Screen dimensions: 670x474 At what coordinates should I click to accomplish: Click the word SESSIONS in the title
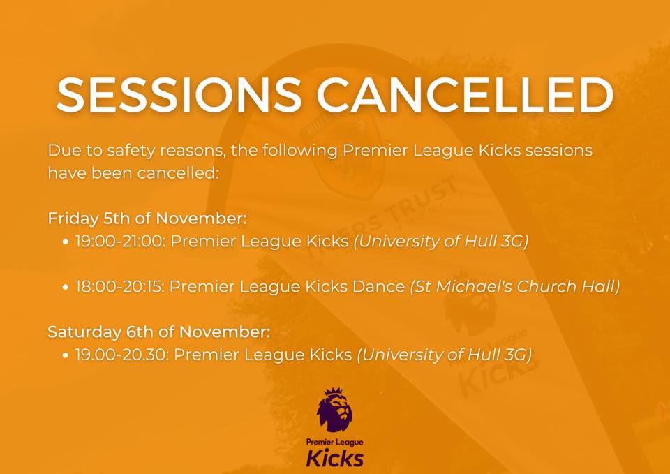click(179, 95)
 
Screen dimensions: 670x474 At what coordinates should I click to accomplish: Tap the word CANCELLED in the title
click(465, 95)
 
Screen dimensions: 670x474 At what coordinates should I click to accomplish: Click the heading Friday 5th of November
click(147, 219)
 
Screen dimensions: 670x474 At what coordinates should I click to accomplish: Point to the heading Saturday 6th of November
click(159, 332)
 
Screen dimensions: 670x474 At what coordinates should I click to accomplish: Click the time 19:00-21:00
click(119, 242)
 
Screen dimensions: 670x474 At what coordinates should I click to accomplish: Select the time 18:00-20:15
click(119, 286)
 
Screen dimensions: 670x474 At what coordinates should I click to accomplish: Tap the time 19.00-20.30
click(121, 355)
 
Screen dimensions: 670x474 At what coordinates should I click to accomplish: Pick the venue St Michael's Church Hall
click(515, 286)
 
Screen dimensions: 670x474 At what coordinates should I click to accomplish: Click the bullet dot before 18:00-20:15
click(65, 287)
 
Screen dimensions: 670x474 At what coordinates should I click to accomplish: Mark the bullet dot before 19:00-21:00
click(65, 242)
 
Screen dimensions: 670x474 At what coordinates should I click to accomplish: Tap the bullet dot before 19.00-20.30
click(65, 355)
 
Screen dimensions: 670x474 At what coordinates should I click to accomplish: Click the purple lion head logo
click(334, 410)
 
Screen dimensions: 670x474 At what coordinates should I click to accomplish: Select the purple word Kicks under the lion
click(334, 457)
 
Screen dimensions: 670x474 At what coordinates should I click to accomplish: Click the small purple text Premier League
click(334, 442)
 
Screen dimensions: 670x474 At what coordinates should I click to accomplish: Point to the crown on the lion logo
click(334, 392)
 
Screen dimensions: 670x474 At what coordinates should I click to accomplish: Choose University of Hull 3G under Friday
click(441, 242)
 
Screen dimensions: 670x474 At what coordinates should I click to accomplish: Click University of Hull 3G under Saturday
click(445, 355)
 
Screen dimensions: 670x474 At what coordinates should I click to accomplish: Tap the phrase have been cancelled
click(133, 173)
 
